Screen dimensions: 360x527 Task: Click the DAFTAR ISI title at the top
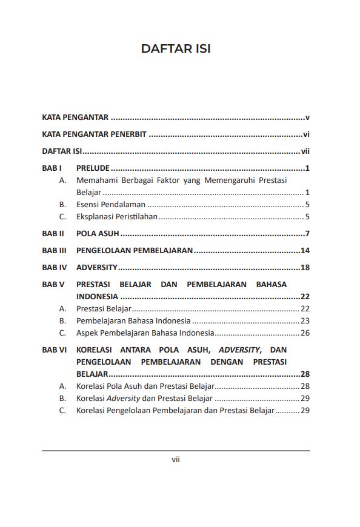[x=176, y=48]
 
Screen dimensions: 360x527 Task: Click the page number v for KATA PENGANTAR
[x=308, y=118]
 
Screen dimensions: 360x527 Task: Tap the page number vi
[x=307, y=134]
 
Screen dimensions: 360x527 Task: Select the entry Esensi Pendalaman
[x=111, y=204]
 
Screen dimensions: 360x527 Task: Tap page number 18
[x=305, y=267]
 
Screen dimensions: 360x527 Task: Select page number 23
[x=305, y=321]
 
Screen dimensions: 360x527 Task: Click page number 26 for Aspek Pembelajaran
[x=305, y=333]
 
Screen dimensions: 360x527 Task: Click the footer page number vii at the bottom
[x=176, y=460]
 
